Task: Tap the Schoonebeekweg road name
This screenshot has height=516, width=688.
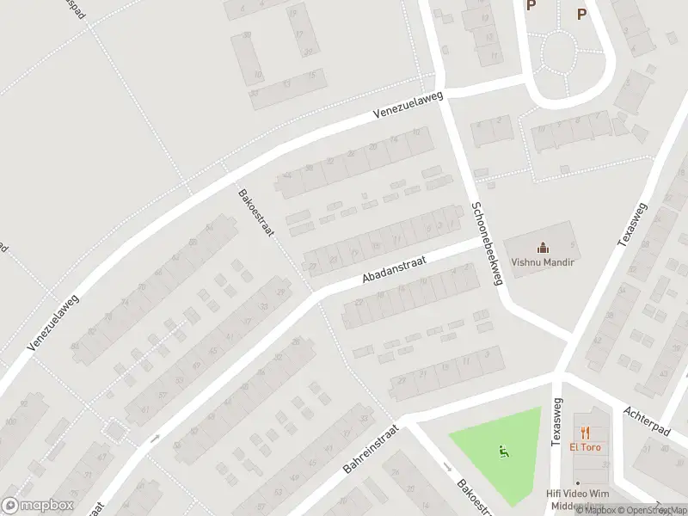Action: tap(487, 244)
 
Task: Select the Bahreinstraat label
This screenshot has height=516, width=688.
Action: tap(372, 449)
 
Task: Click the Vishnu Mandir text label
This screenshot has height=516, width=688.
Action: tap(542, 262)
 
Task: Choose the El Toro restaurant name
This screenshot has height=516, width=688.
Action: tap(585, 447)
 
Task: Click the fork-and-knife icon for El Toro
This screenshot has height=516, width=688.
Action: tap(585, 433)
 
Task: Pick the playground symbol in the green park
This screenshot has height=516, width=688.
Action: tap(503, 450)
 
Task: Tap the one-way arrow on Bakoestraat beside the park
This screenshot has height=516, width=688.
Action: tap(446, 467)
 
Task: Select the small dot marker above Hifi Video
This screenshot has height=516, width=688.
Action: tap(578, 483)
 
